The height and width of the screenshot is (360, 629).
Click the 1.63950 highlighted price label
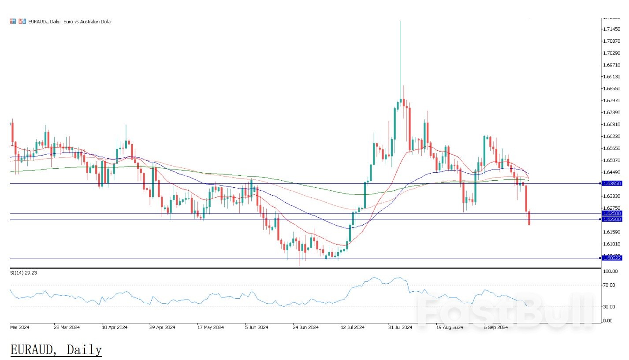[x=611, y=183]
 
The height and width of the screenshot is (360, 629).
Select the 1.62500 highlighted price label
[x=611, y=213]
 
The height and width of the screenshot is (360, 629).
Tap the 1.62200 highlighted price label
[x=611, y=219]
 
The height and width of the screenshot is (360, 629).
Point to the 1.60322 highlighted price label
[x=611, y=258]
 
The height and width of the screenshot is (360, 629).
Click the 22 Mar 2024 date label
[x=67, y=327]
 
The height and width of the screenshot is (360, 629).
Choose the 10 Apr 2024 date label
[x=115, y=327]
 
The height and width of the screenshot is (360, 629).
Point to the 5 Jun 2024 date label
[x=257, y=327]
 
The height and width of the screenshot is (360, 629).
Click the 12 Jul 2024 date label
[x=352, y=327]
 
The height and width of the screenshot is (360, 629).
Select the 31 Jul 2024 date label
[x=400, y=327]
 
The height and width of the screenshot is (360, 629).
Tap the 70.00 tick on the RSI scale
[x=608, y=285]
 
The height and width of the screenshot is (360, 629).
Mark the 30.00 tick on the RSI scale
[x=608, y=307]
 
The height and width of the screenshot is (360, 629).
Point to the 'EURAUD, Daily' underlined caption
[x=56, y=350]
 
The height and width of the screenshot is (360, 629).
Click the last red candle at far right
[x=529, y=218]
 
